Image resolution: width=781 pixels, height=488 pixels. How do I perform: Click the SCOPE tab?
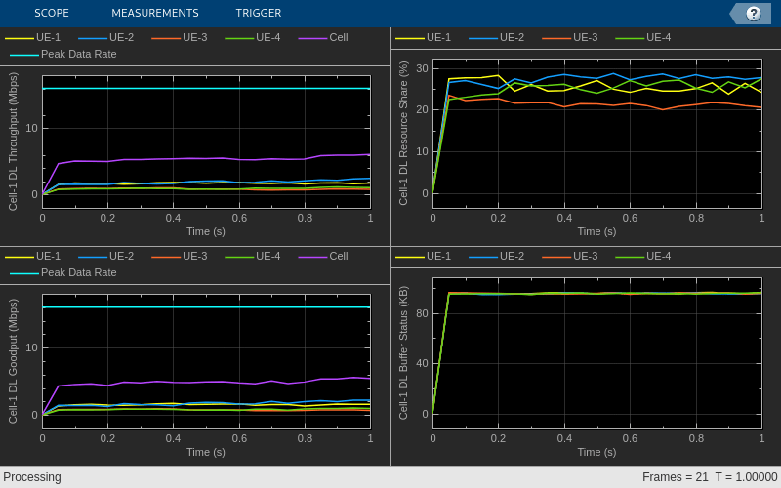click(52, 13)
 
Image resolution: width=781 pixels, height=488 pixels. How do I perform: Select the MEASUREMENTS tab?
click(154, 13)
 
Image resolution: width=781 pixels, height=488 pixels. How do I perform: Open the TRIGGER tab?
click(259, 13)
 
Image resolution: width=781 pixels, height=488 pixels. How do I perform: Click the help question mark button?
click(753, 13)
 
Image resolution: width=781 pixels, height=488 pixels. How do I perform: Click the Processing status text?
click(32, 477)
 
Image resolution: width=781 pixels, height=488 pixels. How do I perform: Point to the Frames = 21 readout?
click(675, 477)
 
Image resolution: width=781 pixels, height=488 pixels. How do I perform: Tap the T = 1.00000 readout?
click(746, 477)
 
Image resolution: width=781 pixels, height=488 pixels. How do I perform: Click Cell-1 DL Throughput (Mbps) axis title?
click(13, 142)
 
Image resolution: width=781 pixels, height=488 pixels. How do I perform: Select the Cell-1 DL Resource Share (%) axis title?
click(403, 133)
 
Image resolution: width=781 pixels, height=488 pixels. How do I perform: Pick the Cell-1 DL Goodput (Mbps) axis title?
click(13, 360)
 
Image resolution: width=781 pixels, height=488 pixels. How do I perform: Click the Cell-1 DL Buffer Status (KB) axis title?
click(403, 352)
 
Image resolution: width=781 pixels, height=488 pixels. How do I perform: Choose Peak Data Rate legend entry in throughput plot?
click(78, 54)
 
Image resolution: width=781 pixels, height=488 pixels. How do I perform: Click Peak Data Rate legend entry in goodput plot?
click(78, 272)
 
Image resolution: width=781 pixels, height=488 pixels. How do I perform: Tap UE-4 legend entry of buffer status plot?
click(658, 256)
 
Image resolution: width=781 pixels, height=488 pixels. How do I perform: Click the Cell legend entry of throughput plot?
click(338, 37)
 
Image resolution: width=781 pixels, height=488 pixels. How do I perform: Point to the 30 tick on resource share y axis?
click(423, 67)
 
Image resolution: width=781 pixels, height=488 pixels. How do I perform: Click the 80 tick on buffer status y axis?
click(422, 312)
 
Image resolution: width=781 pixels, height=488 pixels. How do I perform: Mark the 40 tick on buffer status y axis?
click(422, 363)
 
